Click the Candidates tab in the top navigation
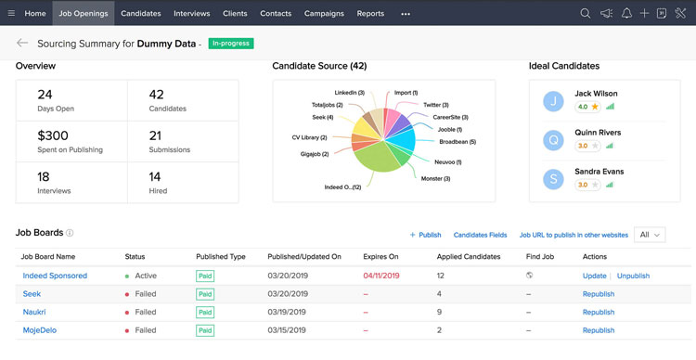point(140,14)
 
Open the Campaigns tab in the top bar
point(324,14)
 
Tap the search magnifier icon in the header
point(585,14)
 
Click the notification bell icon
point(626,14)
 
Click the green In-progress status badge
point(231,44)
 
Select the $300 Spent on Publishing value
point(53,135)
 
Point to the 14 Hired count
point(155,176)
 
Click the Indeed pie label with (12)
point(343,187)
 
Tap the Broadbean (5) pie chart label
point(457,142)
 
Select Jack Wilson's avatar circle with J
point(554,100)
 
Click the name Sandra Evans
point(599,172)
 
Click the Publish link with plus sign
point(426,235)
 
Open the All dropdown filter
point(650,235)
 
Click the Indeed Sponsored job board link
point(55,276)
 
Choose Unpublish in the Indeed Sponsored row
point(633,276)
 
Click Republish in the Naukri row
point(599,312)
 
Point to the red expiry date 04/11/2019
point(380,276)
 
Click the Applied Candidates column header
point(469,256)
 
